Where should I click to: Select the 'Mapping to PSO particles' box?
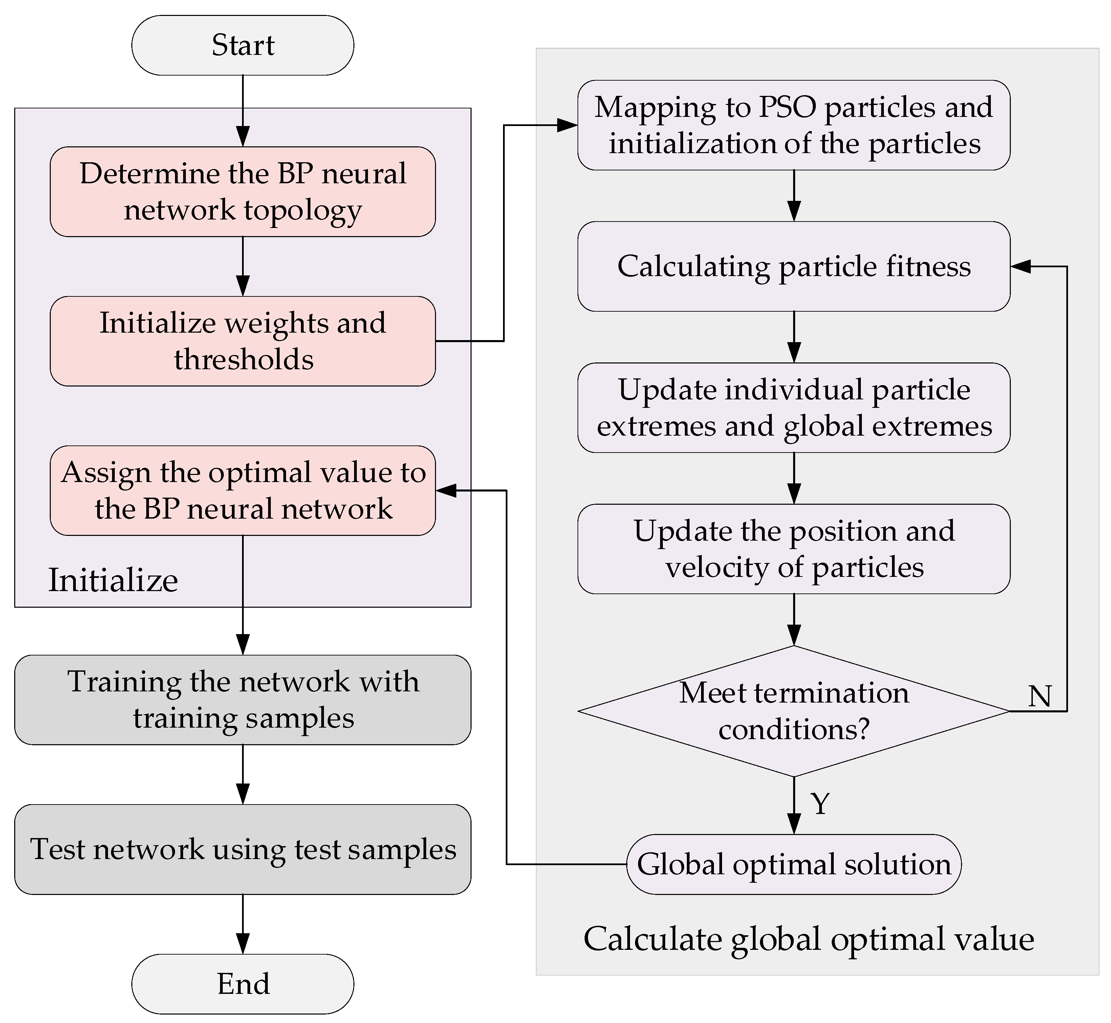tap(793, 125)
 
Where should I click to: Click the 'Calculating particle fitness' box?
tap(793, 266)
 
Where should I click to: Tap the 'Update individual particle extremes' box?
tap(793, 408)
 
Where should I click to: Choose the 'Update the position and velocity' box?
tap(793, 549)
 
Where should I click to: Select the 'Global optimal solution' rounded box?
tap(793, 864)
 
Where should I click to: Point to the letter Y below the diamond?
tap(820, 803)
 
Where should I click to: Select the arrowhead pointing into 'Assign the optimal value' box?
tap(446, 490)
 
